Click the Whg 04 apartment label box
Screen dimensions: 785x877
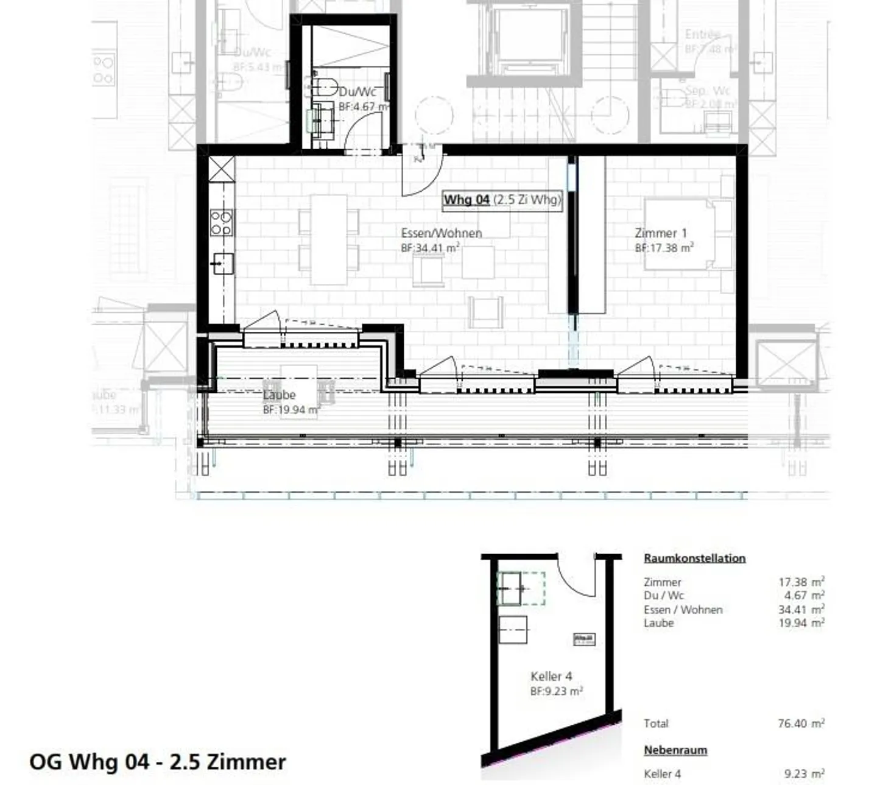502,200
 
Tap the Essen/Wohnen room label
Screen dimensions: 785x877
441,233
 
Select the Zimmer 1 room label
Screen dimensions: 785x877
661,233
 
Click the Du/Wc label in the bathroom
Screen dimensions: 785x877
357,93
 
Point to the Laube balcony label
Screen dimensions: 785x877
279,395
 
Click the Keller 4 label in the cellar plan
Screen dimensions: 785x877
551,677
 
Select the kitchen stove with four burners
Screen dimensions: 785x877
221,222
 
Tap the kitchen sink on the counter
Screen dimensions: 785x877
223,264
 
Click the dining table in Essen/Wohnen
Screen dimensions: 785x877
328,240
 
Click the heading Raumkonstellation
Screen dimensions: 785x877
694,558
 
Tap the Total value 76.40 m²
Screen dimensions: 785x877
801,723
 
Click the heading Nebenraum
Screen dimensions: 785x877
675,750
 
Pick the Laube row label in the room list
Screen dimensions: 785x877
658,623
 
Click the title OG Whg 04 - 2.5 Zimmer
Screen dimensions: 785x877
158,762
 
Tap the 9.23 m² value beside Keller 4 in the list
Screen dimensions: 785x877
804,774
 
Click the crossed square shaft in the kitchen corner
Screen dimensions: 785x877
222,169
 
